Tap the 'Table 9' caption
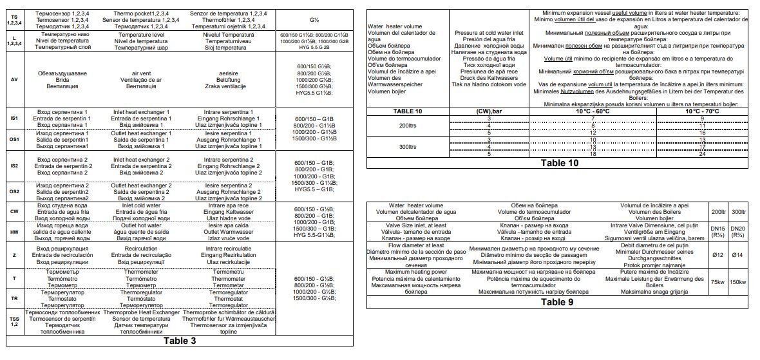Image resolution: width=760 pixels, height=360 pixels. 557,301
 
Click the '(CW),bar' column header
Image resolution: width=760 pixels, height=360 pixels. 489,110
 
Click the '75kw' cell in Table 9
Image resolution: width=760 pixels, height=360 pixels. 716,281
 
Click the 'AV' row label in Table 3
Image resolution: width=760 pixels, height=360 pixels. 14,79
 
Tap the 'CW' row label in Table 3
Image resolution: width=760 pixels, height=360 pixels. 14,211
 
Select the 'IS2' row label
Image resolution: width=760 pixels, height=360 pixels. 14,166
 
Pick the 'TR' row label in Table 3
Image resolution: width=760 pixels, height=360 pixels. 14,299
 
